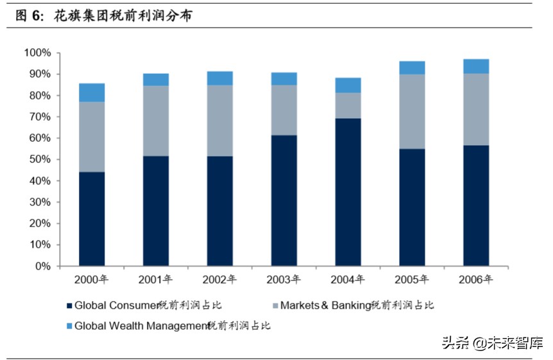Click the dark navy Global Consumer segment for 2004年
(x=348, y=192)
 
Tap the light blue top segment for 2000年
(x=92, y=92)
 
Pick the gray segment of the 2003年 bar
(x=284, y=110)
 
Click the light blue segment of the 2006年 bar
(x=476, y=66)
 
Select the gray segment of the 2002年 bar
(x=219, y=121)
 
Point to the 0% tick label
(x=42, y=266)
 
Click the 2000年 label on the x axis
(x=91, y=279)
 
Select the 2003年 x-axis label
(x=284, y=279)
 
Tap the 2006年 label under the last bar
(x=476, y=279)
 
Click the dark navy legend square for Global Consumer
(x=69, y=305)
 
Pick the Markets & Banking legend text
(x=357, y=305)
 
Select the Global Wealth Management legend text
(x=172, y=325)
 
